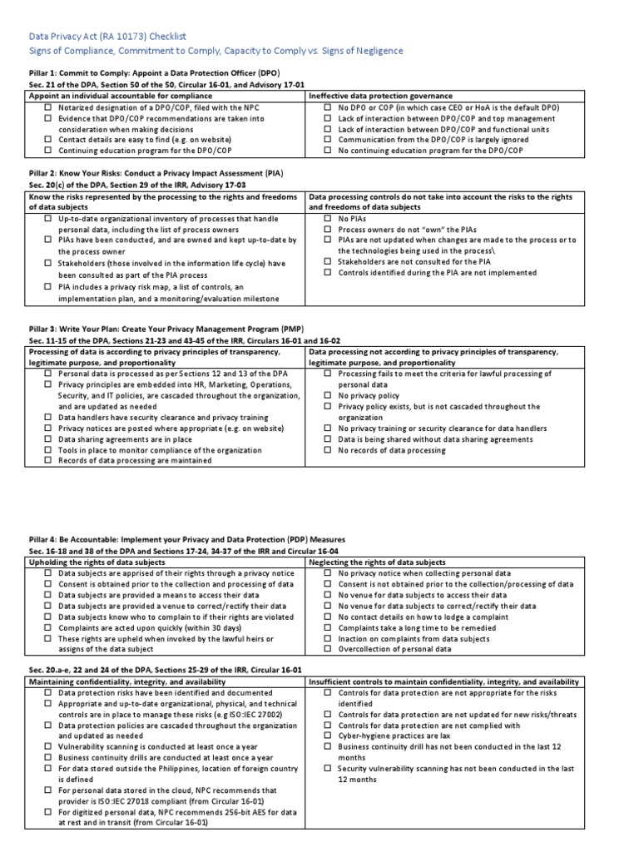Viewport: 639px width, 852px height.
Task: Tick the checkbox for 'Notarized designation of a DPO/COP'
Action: [x=48, y=108]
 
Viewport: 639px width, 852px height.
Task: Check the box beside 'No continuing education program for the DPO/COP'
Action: [x=329, y=151]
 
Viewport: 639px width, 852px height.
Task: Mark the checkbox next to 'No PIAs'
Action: [x=329, y=218]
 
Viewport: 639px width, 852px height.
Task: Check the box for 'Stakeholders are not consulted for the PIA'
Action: [x=329, y=261]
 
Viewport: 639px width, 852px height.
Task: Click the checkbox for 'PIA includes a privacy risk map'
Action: [x=48, y=287]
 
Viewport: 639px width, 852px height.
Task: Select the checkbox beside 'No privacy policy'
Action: [x=329, y=396]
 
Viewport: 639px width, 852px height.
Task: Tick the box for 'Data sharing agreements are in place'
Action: [x=48, y=439]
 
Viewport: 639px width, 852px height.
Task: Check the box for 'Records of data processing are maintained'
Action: [x=48, y=461]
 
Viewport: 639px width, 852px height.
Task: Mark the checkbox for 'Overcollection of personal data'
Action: [x=329, y=649]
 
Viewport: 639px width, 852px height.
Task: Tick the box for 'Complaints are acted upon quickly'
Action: [x=48, y=628]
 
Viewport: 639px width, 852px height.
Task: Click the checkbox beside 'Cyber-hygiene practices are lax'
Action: [x=329, y=736]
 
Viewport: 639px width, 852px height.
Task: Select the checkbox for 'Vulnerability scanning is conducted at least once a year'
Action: [x=48, y=746]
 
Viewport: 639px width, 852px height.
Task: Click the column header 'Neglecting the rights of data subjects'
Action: [x=377, y=562]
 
